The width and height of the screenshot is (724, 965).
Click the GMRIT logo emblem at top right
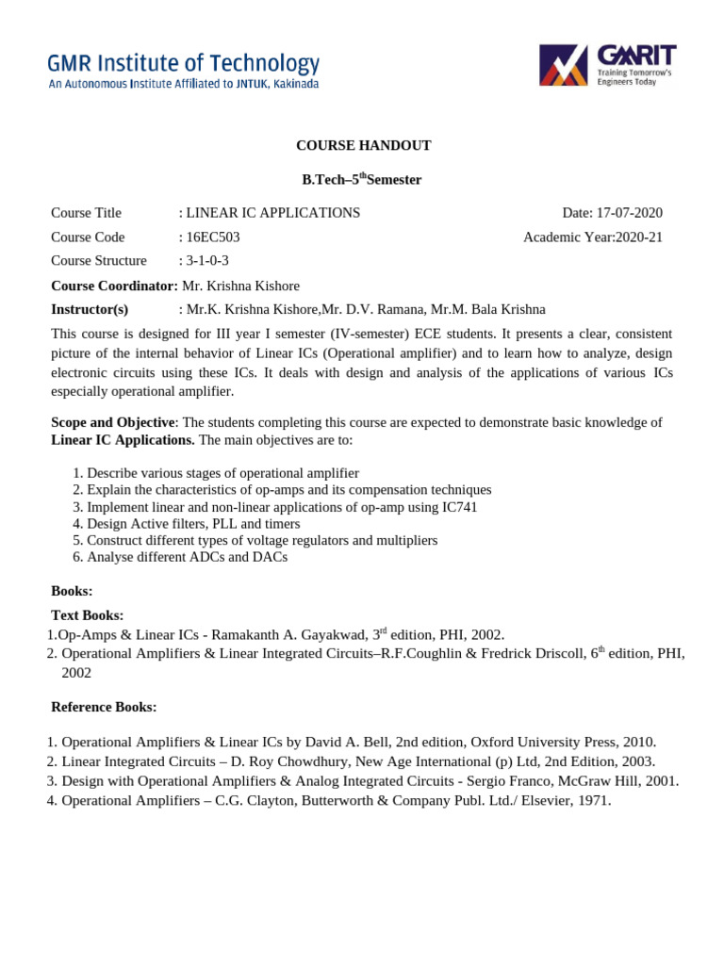564,65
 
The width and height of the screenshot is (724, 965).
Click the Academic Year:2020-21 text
593,237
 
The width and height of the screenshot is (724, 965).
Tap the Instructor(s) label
90,309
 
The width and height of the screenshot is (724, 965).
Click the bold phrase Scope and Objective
112,422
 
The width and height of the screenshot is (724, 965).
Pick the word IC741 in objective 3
459,507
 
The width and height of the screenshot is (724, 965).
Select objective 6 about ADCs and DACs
187,557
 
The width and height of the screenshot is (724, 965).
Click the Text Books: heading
87,615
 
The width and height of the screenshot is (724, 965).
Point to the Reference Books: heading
103,707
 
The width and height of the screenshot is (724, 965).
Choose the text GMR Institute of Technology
184,64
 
